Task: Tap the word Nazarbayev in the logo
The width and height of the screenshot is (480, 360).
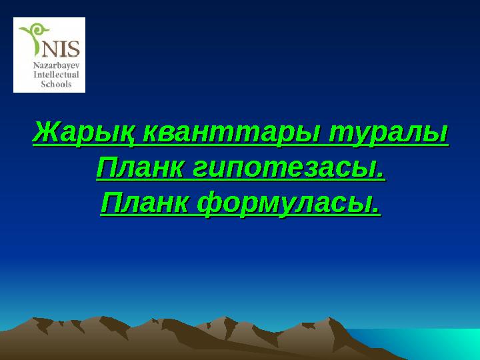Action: [x=57, y=66]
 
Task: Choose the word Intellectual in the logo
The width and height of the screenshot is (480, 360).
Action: [x=57, y=75]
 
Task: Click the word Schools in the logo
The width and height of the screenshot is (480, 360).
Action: [x=57, y=84]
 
